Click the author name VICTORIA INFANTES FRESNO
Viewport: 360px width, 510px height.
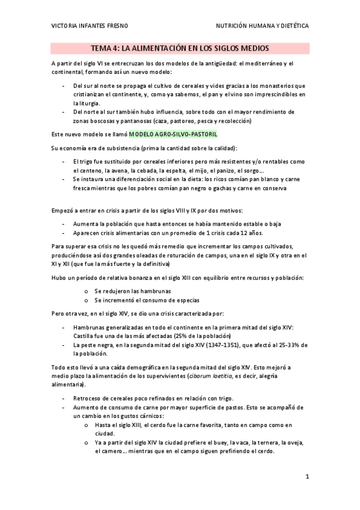click(x=89, y=26)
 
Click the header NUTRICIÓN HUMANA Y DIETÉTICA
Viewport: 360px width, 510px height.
click(x=263, y=26)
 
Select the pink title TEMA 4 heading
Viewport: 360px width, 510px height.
click(x=180, y=48)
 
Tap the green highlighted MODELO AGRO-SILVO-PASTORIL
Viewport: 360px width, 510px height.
click(x=173, y=134)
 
